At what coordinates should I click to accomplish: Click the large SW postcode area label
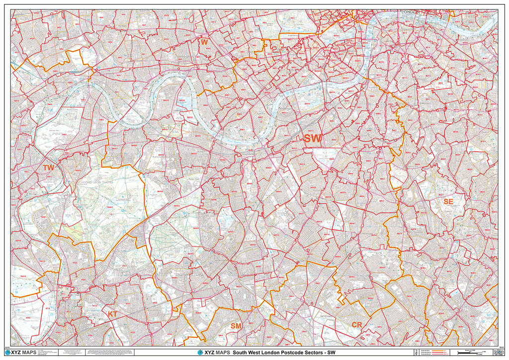point(313,139)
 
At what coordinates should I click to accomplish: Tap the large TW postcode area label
point(48,168)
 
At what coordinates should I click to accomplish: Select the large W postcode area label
point(204,43)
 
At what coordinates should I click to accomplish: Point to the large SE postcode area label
point(448,201)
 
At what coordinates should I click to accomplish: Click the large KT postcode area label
point(113,314)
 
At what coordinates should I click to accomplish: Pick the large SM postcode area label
point(236,325)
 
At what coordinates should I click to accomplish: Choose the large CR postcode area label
point(357,325)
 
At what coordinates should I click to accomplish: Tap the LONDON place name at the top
point(409,11)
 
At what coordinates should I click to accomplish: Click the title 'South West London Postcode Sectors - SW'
point(284,353)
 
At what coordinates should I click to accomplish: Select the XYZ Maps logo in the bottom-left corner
point(23,353)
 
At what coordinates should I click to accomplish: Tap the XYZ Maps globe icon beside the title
point(200,353)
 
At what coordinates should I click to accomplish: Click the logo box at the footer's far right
point(493,353)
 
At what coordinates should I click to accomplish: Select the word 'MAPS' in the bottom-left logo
point(30,353)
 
